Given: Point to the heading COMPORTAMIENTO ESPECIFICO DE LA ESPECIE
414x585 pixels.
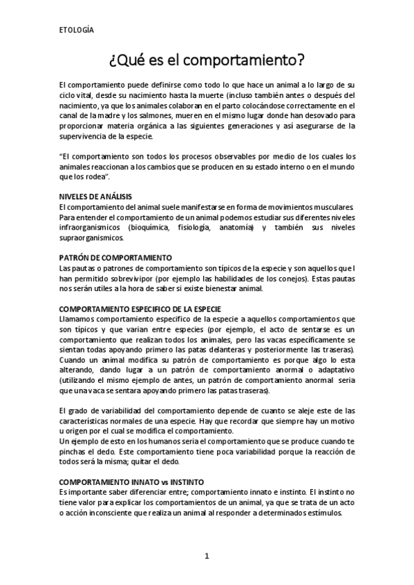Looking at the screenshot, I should (x=140, y=308).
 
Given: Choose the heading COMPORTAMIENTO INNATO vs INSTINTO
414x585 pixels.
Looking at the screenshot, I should (x=131, y=480).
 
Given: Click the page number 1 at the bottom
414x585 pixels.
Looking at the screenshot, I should (x=207, y=555).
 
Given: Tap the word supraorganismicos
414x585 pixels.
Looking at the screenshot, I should (x=91, y=237).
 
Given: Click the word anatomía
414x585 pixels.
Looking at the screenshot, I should (x=238, y=227).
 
